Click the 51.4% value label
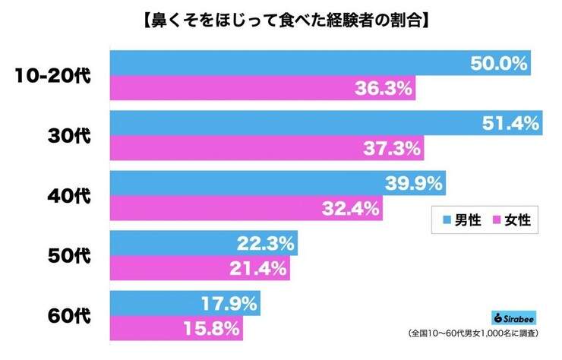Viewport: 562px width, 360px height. pyautogui.click(x=510, y=123)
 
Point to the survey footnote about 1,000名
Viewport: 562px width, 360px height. pyautogui.click(x=479, y=335)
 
